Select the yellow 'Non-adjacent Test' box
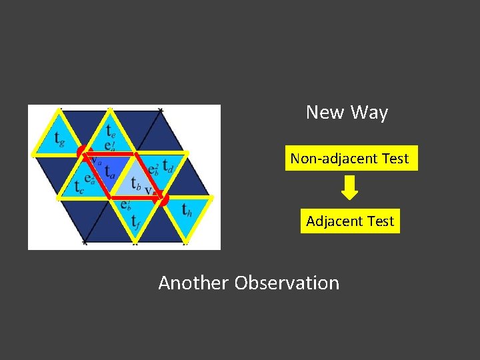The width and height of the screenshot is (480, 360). pyautogui.click(x=351, y=159)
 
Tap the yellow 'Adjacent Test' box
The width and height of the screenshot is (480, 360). pyautogui.click(x=350, y=221)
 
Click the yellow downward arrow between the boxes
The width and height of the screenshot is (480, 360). pyautogui.click(x=349, y=188)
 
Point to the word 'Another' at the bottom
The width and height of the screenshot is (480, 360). pyautogui.click(x=193, y=283)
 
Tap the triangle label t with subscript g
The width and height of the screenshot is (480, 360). pyautogui.click(x=59, y=140)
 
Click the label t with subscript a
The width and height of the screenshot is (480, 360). pyautogui.click(x=110, y=172)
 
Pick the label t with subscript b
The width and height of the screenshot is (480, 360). pyautogui.click(x=136, y=181)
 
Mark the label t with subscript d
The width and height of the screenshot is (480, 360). pyautogui.click(x=168, y=165)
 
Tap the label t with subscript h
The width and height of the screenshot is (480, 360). pyautogui.click(x=189, y=210)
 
